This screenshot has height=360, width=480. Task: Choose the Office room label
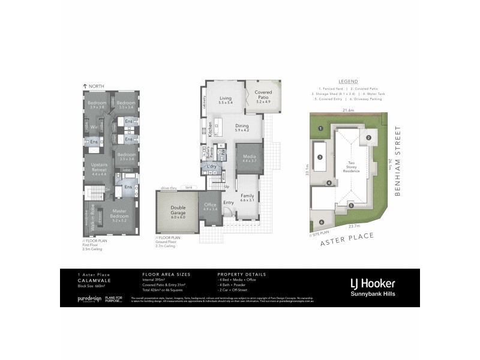209,206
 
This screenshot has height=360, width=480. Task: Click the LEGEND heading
348,81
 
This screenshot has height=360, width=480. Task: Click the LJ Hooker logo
372,282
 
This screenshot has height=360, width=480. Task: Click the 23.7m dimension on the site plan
353,226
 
